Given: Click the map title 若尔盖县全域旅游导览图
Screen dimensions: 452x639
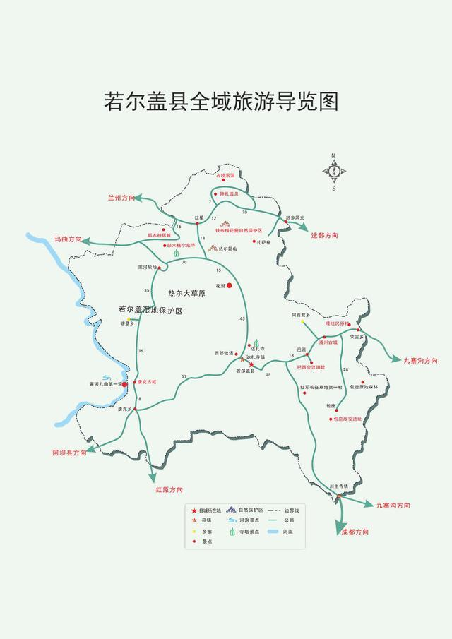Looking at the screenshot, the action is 221,101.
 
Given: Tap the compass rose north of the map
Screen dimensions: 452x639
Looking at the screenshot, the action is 333,170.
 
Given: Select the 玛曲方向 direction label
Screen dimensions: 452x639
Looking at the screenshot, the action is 68,240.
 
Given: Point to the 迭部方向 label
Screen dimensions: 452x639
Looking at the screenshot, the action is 324,234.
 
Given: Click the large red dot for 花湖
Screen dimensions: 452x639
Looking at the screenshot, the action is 229,285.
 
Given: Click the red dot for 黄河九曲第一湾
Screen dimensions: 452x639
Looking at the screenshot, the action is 125,384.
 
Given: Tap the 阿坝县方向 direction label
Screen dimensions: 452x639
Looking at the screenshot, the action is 69,452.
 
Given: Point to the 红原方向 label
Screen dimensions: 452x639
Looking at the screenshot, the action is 169,489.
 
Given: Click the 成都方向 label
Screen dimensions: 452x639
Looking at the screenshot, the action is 355,532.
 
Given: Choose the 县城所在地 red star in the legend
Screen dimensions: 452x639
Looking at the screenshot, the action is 194,510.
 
